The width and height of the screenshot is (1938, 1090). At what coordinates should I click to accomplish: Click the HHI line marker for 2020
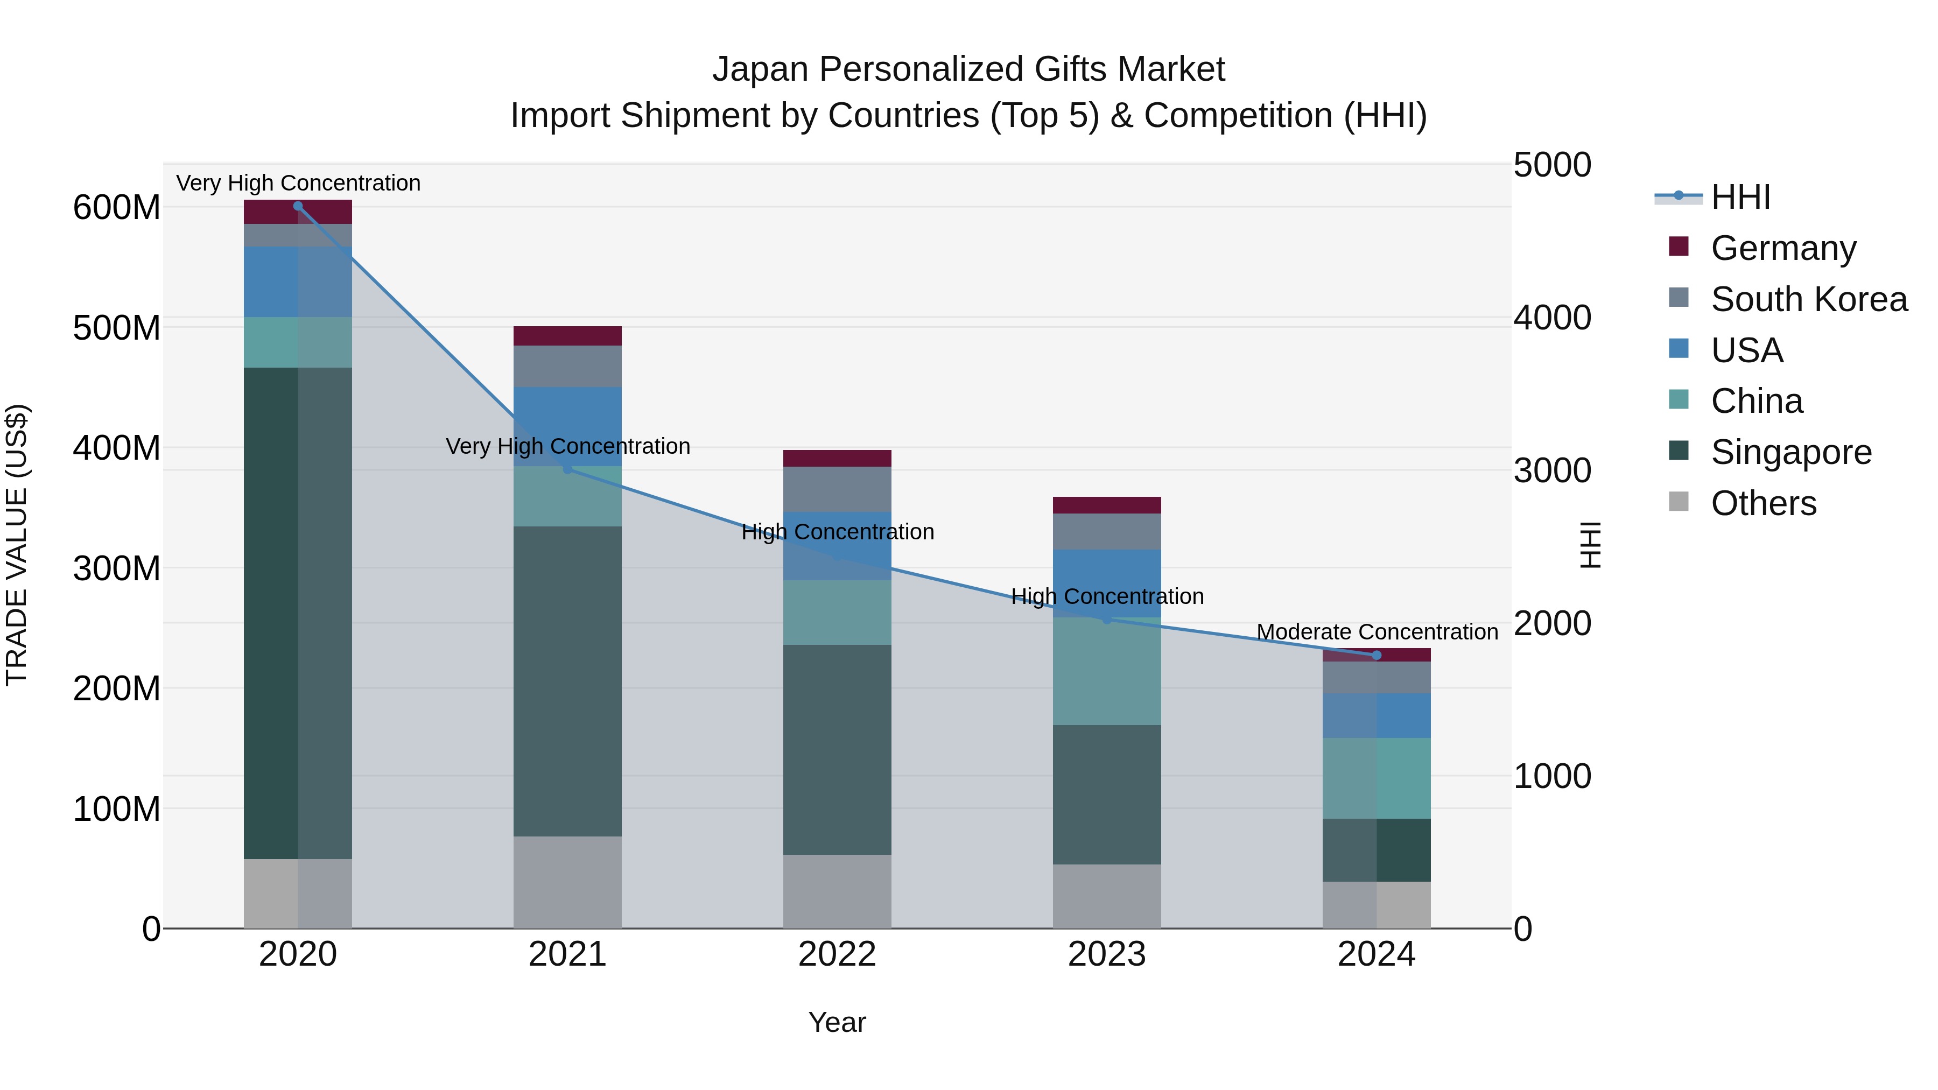(x=298, y=206)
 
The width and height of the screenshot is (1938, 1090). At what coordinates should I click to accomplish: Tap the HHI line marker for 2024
(x=1377, y=655)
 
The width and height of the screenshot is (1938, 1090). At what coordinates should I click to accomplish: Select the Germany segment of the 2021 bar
(x=567, y=335)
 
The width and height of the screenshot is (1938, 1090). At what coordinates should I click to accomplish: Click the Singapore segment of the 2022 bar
(x=837, y=749)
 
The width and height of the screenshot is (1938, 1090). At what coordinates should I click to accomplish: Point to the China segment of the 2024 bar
(x=1377, y=778)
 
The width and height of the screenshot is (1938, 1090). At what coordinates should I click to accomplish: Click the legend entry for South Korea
(x=1809, y=299)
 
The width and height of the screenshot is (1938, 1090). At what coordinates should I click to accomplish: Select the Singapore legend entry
(x=1790, y=452)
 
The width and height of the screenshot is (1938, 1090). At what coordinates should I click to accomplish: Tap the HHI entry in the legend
(x=1740, y=197)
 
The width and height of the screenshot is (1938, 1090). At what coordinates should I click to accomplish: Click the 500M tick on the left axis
(x=117, y=328)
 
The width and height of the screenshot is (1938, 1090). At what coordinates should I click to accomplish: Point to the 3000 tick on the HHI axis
(x=1552, y=471)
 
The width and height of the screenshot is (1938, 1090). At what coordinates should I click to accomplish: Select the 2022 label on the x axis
(x=837, y=954)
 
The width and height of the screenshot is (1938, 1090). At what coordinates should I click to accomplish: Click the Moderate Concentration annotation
(x=1377, y=632)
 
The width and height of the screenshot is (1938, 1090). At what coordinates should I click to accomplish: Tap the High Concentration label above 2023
(x=1107, y=596)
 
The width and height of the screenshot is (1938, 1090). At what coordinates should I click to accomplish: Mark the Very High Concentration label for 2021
(x=567, y=446)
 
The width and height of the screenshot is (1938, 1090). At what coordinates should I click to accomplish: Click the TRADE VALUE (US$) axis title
(x=17, y=545)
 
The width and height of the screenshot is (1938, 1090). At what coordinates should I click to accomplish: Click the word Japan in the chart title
(x=761, y=69)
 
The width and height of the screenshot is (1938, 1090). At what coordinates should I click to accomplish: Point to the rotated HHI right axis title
(x=1589, y=545)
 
